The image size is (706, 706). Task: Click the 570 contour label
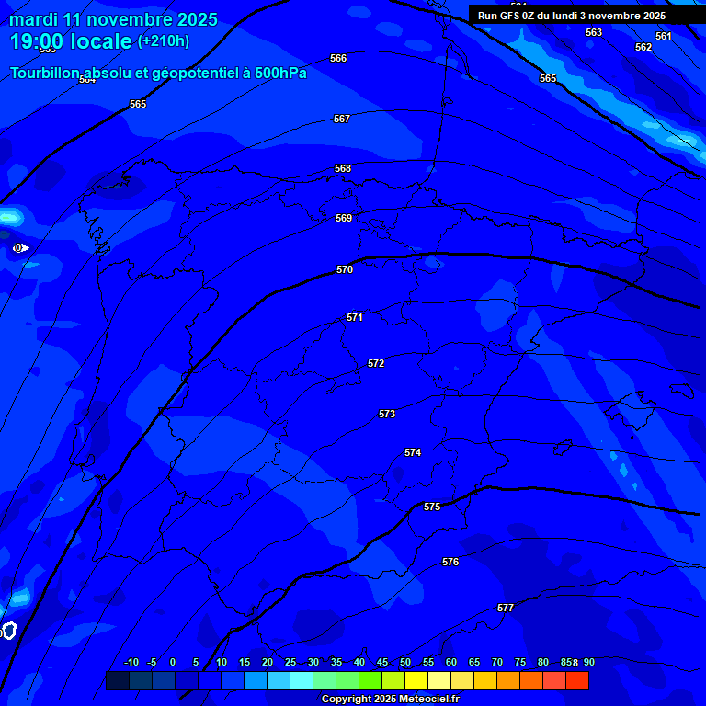click(345, 269)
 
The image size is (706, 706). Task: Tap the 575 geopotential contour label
click(432, 507)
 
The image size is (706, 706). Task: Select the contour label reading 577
click(506, 608)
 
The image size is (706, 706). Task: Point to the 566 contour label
click(338, 58)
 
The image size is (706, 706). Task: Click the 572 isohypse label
click(376, 363)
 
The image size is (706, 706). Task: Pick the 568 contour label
click(343, 168)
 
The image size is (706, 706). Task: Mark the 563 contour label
click(594, 32)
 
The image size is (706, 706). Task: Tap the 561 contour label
click(664, 36)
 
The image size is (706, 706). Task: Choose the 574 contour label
click(413, 452)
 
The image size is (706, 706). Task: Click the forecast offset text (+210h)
click(164, 41)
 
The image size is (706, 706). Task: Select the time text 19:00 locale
click(71, 41)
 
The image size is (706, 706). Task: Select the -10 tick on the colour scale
click(131, 662)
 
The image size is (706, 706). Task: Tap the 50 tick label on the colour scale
click(405, 662)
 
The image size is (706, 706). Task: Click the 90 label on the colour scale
click(588, 662)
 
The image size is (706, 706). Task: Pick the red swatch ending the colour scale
click(576, 680)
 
